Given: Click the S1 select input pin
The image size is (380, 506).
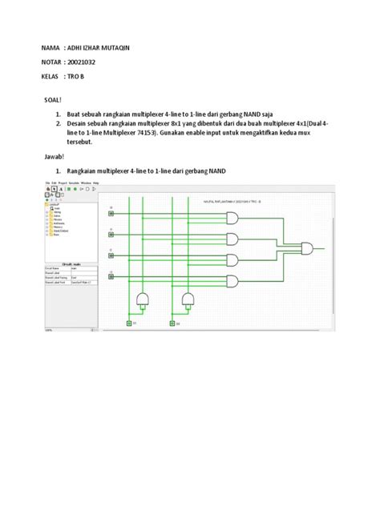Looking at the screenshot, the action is tap(129, 323).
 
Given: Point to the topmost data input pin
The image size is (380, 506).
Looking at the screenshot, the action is tap(111, 213).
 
